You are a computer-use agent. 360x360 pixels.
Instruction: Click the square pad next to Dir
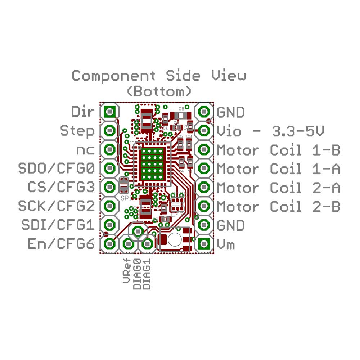[109, 112]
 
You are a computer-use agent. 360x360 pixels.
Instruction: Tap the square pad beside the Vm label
[204, 244]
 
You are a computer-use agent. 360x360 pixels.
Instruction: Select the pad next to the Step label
[109, 130]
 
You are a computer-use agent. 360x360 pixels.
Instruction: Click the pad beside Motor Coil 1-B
[204, 149]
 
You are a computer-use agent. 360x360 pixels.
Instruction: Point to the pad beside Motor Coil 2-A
[204, 187]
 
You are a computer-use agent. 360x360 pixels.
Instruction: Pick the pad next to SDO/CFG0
[109, 168]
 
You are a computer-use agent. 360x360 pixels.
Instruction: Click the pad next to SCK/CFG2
[109, 206]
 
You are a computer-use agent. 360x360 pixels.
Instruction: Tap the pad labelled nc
[109, 149]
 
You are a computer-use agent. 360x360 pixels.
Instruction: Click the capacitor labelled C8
[181, 115]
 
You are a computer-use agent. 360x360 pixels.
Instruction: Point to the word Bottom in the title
[159, 91]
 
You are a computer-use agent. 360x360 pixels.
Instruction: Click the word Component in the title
[114, 76]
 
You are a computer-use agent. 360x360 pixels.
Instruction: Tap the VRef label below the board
[127, 276]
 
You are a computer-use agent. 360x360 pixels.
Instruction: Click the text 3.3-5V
[297, 131]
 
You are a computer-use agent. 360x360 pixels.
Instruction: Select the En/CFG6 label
[61, 244]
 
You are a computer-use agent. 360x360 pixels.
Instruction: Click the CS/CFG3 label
[61, 187]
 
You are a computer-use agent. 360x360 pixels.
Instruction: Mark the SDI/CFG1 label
[58, 225]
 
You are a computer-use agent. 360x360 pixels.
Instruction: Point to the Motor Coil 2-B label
[278, 207]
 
